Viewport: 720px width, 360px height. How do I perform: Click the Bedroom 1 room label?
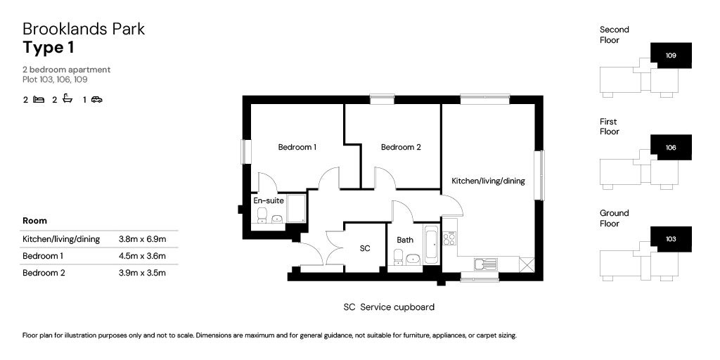pos(297,147)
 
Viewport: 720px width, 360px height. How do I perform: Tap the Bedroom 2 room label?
pos(401,147)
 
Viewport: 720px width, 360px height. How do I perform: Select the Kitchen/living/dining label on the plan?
pos(488,181)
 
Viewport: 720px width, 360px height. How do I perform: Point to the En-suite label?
pos(269,200)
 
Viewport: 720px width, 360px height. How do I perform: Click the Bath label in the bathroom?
pos(405,240)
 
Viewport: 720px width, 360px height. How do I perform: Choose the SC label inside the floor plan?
pos(365,248)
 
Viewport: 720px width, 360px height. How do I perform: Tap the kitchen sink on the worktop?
pos(485,264)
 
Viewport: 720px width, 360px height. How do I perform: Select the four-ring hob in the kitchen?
pos(449,239)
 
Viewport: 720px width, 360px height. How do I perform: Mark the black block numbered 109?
pos(671,55)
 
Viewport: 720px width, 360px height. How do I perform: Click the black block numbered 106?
pos(671,148)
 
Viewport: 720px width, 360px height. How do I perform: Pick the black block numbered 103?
pos(671,239)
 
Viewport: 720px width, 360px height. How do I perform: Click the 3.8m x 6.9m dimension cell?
pos(143,239)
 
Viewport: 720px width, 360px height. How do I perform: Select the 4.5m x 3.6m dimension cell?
pos(143,256)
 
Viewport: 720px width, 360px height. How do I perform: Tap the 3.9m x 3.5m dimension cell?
pos(143,273)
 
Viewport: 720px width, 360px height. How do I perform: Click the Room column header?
pos(35,221)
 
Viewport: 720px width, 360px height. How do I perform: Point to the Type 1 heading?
pos(49,48)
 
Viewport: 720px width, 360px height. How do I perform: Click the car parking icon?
pos(97,100)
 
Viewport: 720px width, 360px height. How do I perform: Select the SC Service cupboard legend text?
pos(388,307)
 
